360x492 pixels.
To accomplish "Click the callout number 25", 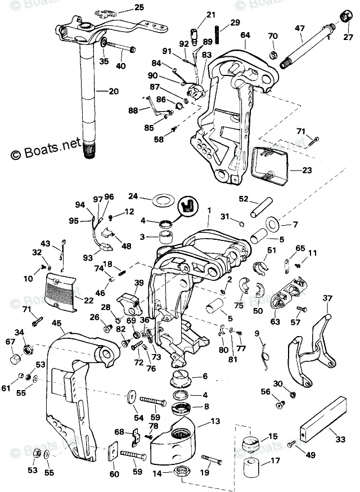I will [x=139, y=7].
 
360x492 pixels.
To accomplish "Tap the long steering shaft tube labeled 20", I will [x=88, y=96].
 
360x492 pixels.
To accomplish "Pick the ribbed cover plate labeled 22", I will [x=61, y=289].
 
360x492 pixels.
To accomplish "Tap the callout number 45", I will [x=56, y=323].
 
